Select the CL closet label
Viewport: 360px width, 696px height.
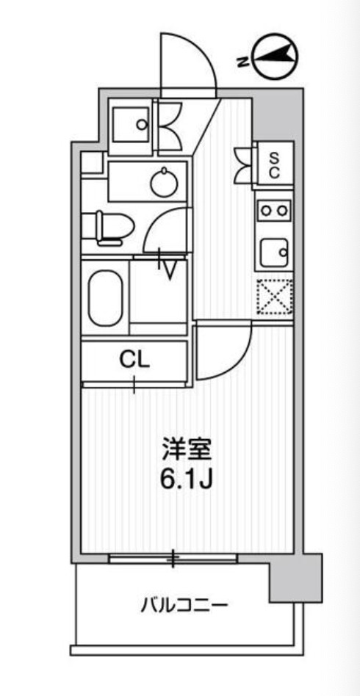pyautogui.click(x=134, y=360)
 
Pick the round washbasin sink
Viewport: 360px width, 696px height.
pyautogui.click(x=162, y=182)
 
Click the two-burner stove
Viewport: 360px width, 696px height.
pyautogui.click(x=275, y=211)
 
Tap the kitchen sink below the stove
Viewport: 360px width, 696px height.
pyautogui.click(x=275, y=254)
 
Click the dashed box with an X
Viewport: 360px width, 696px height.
pyautogui.click(x=275, y=297)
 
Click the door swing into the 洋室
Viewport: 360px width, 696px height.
pyautogui.click(x=222, y=352)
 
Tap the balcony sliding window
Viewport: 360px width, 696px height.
pyautogui.click(x=173, y=559)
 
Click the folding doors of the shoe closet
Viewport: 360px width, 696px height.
pyautogui.click(x=242, y=165)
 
